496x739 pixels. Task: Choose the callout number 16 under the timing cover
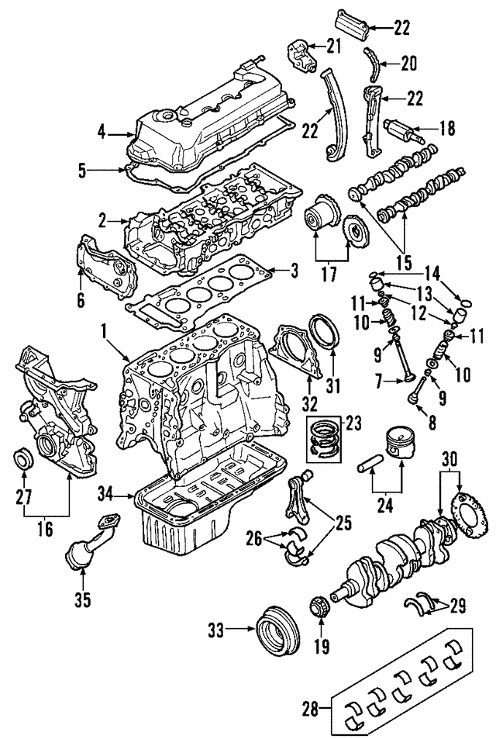45,530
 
